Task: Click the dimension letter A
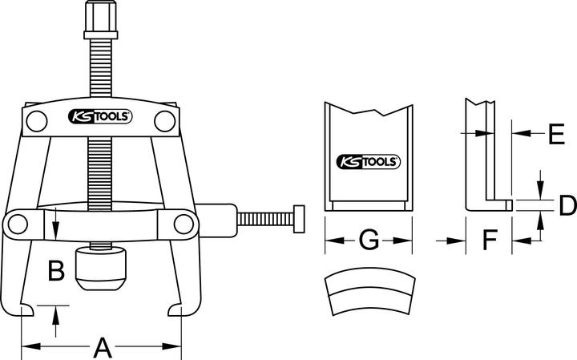(102, 347)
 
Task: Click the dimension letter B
(55, 272)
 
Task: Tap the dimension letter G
(369, 240)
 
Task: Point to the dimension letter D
(567, 205)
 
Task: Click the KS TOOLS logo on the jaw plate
(368, 160)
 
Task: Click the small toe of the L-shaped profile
(508, 206)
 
